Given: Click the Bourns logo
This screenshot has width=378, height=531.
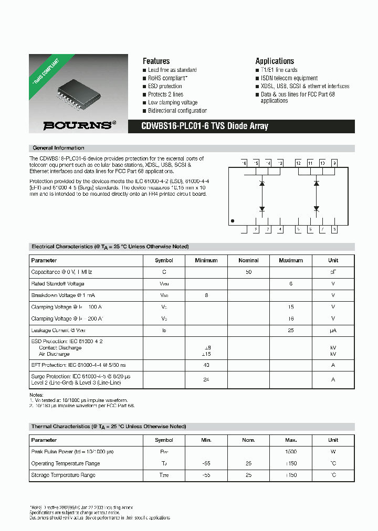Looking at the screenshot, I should click(77, 125).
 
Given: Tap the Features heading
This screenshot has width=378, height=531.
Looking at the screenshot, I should click(156, 61).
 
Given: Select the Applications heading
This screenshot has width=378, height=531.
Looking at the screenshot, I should click(275, 61).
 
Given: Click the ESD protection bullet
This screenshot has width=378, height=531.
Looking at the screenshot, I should click(165, 86).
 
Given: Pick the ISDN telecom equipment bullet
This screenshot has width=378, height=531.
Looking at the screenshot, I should click(289, 78).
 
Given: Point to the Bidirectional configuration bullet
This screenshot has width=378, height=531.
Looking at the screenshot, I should click(177, 111).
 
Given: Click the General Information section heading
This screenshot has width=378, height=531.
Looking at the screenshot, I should click(58, 148).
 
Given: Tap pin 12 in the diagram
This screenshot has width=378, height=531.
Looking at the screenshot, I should click(298, 163).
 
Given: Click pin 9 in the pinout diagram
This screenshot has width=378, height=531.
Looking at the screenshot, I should click(334, 163).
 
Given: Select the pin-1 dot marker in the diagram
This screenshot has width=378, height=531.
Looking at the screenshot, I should click(233, 221).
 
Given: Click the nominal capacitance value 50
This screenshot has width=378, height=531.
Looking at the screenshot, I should click(248, 272).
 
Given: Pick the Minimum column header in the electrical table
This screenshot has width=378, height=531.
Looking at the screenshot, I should click(206, 260).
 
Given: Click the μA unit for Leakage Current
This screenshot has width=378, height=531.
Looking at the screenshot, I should click(333, 330).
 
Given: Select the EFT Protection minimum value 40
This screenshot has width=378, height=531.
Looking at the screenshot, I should click(206, 365).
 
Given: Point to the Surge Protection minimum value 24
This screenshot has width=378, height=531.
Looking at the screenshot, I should click(206, 379).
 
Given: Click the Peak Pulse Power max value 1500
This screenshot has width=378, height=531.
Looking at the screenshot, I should click(291, 452).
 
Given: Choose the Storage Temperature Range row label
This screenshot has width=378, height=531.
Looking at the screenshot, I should click(63, 475).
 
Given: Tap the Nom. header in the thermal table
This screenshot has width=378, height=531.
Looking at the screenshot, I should click(248, 440).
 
